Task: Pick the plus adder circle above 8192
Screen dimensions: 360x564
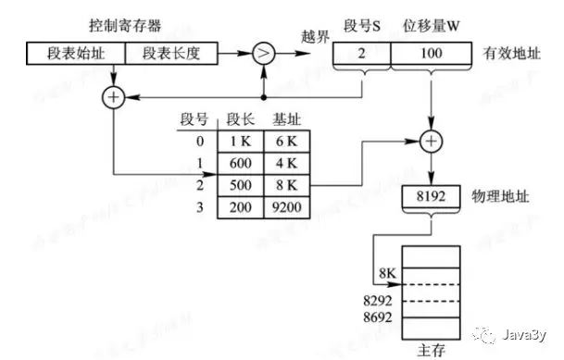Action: tap(432, 141)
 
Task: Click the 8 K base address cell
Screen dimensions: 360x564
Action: tap(286, 185)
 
